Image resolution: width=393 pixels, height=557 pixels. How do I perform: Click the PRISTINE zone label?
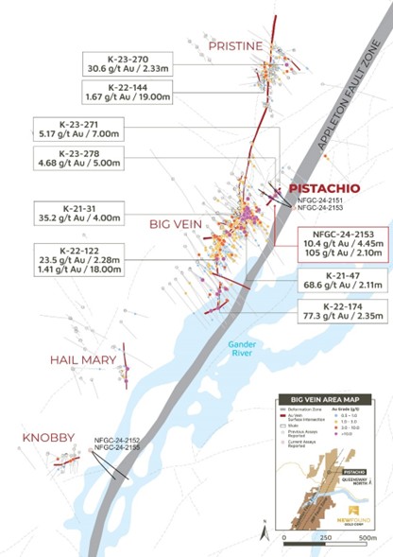point(237,45)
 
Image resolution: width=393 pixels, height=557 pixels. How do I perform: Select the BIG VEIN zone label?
point(177,225)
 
